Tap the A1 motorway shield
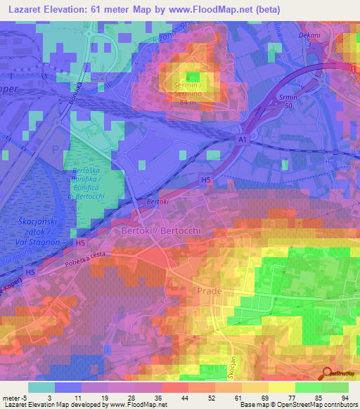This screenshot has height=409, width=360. coord(242,141)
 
